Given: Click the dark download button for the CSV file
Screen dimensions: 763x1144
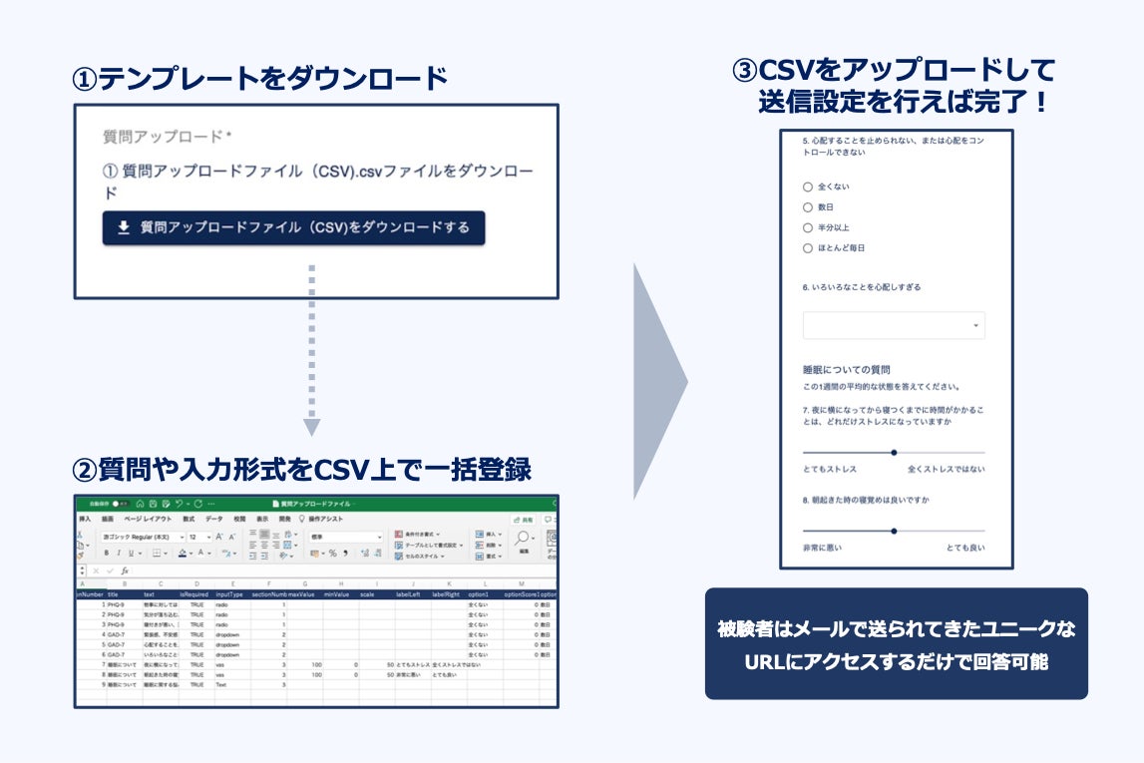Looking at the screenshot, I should pyautogui.click(x=293, y=228).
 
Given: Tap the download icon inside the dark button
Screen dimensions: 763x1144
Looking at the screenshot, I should pyautogui.click(x=124, y=228).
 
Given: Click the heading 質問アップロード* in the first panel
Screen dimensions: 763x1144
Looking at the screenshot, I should pyautogui.click(x=168, y=137).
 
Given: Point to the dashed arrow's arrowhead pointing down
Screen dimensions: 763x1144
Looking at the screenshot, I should pyautogui.click(x=312, y=427).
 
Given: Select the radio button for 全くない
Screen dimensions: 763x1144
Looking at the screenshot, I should pyautogui.click(x=808, y=187).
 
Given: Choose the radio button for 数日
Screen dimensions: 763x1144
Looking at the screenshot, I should pyautogui.click(x=808, y=207).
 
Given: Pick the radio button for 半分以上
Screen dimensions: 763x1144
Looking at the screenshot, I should pyautogui.click(x=808, y=227).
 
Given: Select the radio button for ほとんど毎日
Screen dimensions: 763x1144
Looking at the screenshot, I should pyautogui.click(x=808, y=248).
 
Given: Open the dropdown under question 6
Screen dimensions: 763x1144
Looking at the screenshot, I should pyautogui.click(x=894, y=326).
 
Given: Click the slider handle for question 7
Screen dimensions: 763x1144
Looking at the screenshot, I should pyautogui.click(x=894, y=452).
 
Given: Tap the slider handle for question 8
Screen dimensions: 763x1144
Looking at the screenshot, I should pyautogui.click(x=894, y=531).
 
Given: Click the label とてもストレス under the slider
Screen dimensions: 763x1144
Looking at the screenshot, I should pyautogui.click(x=830, y=469).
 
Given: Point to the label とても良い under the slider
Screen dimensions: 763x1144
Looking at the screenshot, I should pyautogui.click(x=964, y=548).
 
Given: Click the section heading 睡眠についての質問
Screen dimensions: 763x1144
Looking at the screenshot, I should pyautogui.click(x=846, y=369).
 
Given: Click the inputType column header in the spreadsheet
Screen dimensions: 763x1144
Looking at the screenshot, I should pyautogui.click(x=229, y=594).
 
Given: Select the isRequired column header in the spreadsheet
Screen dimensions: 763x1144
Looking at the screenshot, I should pyautogui.click(x=195, y=594).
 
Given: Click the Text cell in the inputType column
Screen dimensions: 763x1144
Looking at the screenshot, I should pyautogui.click(x=222, y=685).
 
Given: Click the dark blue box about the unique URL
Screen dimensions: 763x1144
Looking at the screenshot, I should pyautogui.click(x=896, y=644).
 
